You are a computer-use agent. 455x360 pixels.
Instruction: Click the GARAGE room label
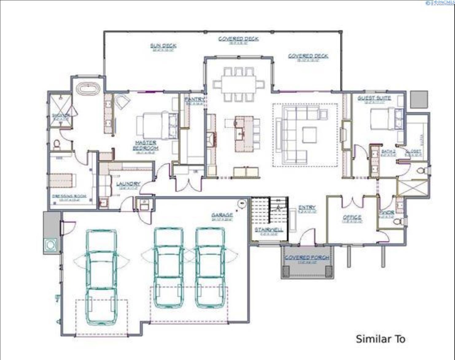pos(222,215)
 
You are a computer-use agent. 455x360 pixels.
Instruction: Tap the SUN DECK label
pos(163,46)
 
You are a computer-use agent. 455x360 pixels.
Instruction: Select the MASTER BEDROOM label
pos(146,145)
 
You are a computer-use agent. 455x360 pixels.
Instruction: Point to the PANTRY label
pos(194,99)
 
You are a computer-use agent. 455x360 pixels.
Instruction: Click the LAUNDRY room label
pos(128,184)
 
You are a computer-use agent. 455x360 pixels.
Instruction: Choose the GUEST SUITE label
pos(374,98)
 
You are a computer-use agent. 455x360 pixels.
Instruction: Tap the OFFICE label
pos(352,217)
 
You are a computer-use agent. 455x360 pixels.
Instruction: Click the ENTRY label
pos(307,208)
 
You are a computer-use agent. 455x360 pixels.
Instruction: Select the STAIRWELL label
pos(269,229)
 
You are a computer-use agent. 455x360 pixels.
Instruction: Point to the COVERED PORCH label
pos(307,257)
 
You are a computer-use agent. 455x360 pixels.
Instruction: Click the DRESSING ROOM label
pos(69,196)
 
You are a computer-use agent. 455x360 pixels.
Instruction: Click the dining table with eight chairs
pos(239,84)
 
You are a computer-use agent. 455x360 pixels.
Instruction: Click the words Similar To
pos(380,339)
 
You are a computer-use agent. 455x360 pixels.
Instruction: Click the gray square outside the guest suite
pos(419,99)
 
